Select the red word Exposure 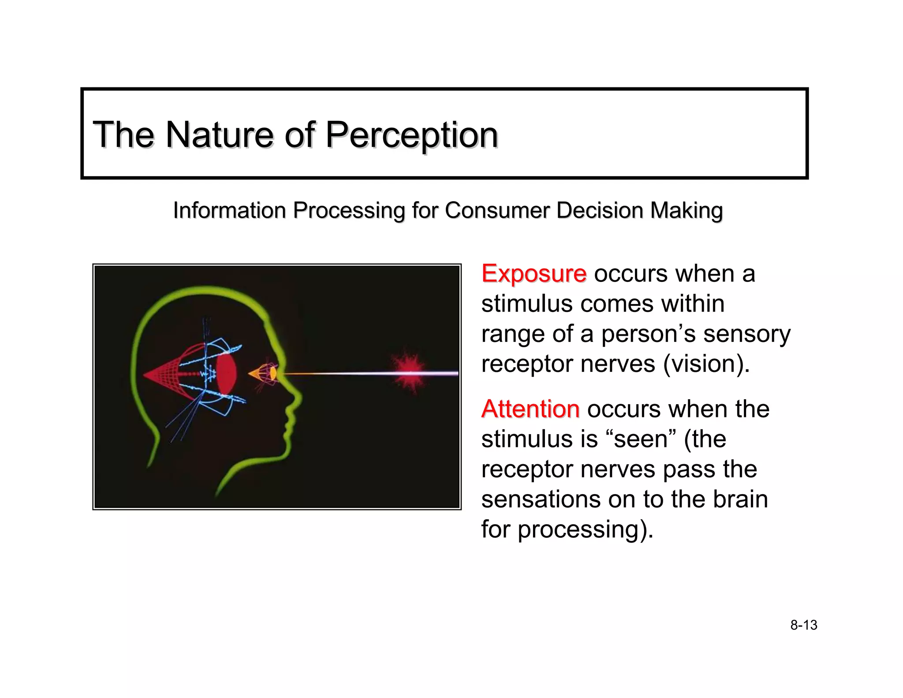pyautogui.click(x=534, y=274)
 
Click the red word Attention pyautogui.click(x=530, y=409)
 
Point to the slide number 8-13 pyautogui.click(x=803, y=625)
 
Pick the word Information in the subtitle pyautogui.click(x=229, y=210)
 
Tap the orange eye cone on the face pyautogui.click(x=264, y=374)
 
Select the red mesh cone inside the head pyautogui.click(x=165, y=375)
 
